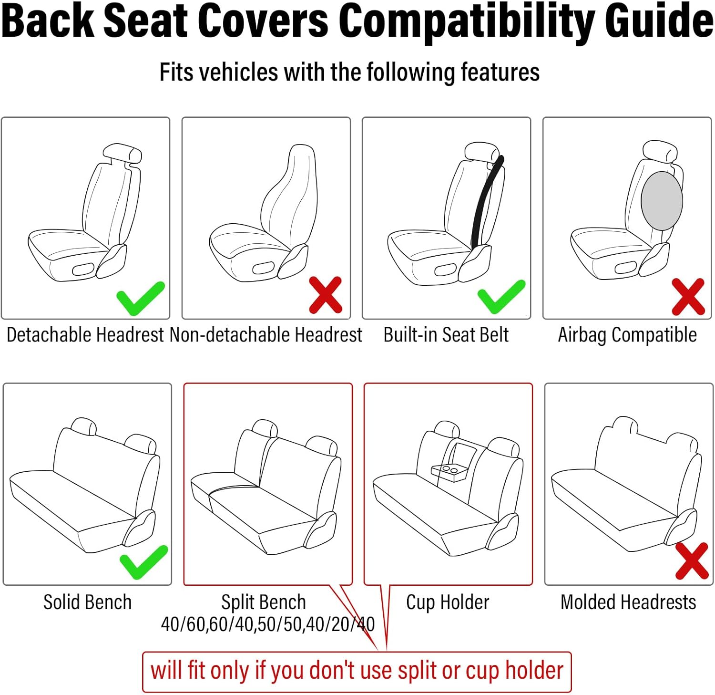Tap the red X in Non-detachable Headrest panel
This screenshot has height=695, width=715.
(x=326, y=295)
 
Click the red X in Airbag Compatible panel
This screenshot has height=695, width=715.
(x=688, y=297)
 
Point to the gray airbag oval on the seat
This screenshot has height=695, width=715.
(x=662, y=201)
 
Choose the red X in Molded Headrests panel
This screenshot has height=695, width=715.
(x=692, y=560)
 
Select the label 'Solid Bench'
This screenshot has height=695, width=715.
(x=87, y=602)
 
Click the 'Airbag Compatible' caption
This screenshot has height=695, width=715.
(x=627, y=335)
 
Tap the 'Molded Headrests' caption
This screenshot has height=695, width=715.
(x=628, y=602)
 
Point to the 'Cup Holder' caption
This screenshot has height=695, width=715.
(x=448, y=602)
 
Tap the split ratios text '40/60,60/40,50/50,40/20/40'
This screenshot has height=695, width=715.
(x=268, y=624)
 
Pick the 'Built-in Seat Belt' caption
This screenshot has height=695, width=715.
(x=446, y=335)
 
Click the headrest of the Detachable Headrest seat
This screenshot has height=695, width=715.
(x=123, y=154)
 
